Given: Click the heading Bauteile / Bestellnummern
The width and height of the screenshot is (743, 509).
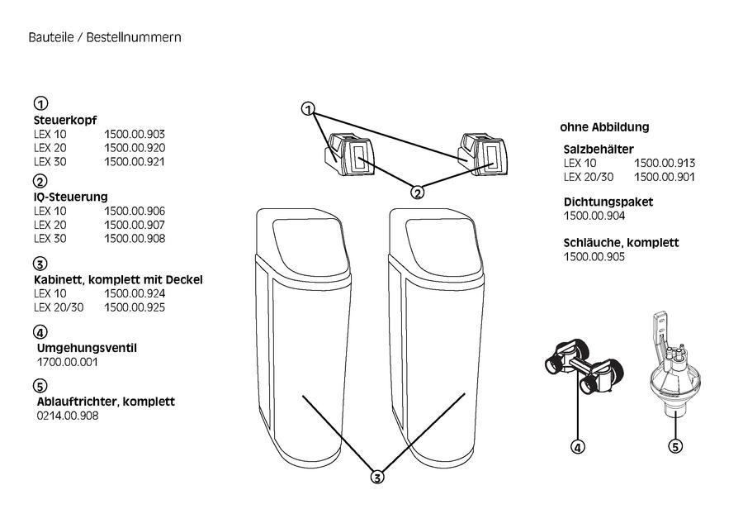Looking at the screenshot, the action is (105, 37).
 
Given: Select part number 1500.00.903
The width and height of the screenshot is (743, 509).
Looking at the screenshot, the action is (135, 134).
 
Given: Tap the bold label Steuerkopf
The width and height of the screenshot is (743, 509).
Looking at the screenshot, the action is (65, 121).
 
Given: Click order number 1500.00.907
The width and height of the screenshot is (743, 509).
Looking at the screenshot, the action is (135, 225).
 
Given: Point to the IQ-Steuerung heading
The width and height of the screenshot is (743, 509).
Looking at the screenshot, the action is (71, 197).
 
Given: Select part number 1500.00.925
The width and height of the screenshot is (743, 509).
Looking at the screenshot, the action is (135, 307).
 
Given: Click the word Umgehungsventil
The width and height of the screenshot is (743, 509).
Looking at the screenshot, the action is (87, 348).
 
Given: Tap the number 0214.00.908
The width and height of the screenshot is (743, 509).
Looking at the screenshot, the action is (68, 416).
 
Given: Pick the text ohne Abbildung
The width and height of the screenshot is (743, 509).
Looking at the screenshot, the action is (604, 127).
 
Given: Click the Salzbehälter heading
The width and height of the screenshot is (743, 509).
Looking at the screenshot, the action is (599, 150).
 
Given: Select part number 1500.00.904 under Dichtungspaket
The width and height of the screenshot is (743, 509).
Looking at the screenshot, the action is (594, 216).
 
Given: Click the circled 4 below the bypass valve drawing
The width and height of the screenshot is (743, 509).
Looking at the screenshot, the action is (578, 447).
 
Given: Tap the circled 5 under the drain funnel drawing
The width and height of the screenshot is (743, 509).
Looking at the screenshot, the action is (675, 446).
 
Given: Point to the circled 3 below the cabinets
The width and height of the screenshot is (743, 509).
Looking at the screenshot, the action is (377, 478).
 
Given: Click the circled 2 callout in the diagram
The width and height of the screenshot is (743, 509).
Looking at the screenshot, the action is (418, 193).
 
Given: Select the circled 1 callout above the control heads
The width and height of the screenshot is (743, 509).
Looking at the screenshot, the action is (309, 109).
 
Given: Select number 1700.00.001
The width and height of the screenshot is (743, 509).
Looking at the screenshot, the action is (68, 363).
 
